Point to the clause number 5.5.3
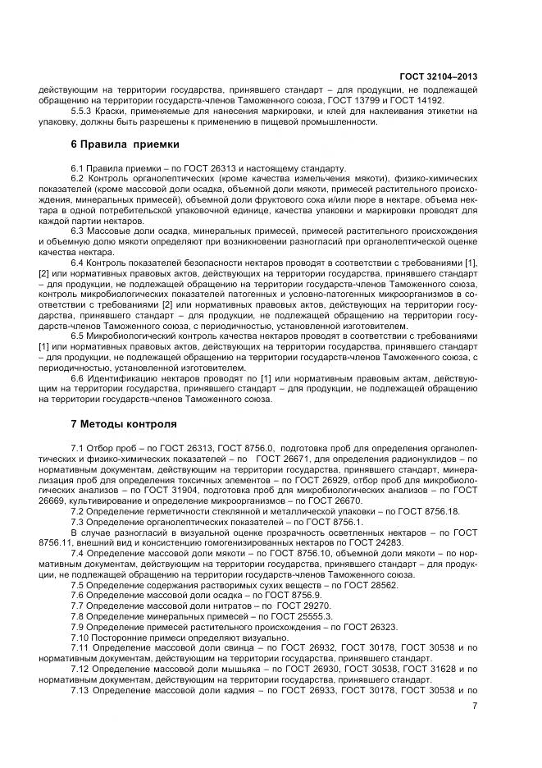82,111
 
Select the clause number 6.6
78,379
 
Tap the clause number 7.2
78,511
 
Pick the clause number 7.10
80,638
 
